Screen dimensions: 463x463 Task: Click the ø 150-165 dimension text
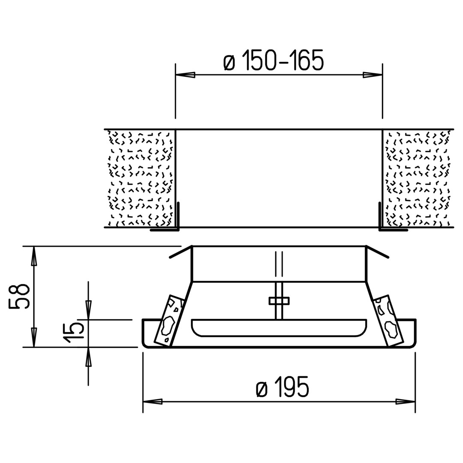coord(274,60)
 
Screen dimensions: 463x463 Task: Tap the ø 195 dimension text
coord(283,387)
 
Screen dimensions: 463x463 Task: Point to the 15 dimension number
coord(74,333)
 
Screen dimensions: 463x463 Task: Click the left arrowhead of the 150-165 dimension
coord(186,75)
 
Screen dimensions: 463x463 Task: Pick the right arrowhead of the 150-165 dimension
coord(373,75)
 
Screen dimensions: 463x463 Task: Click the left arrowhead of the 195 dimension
coord(153,402)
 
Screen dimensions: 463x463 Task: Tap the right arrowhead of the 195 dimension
coord(406,402)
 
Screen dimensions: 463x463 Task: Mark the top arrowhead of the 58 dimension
coord(34,256)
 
